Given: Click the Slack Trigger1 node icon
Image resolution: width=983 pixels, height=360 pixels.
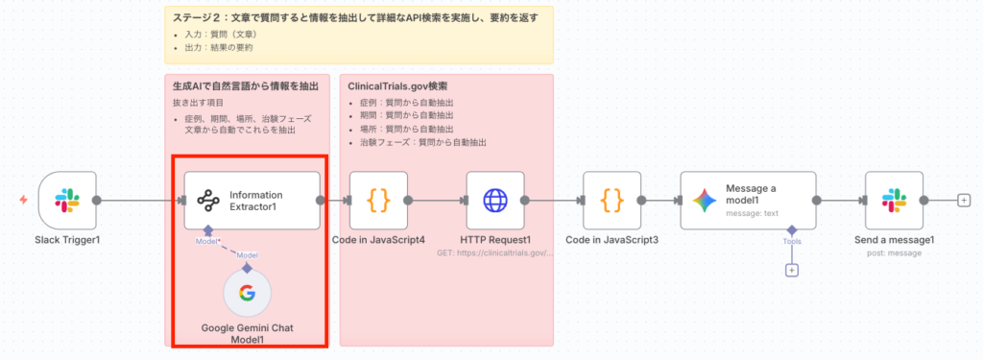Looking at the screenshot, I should tap(67, 201).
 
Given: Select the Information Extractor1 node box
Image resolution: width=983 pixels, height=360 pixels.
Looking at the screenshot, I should tap(252, 201).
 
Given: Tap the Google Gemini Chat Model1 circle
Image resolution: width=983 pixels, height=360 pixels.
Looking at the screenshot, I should tap(248, 294).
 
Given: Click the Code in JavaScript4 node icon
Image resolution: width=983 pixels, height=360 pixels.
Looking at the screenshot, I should tap(378, 201).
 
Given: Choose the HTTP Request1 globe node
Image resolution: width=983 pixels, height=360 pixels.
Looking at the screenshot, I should tap(495, 201).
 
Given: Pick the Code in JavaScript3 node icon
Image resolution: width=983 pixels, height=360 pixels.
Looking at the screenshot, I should tap(612, 201).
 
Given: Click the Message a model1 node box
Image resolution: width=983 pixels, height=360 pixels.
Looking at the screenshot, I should tap(748, 201).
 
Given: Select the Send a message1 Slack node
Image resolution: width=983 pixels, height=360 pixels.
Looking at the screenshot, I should tap(894, 201).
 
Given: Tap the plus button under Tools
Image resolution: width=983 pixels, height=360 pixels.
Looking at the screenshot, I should tap(792, 270).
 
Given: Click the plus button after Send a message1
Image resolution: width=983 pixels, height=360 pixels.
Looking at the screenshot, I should tap(964, 201).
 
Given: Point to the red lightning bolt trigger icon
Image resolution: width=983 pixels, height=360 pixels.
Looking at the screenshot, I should tap(23, 200).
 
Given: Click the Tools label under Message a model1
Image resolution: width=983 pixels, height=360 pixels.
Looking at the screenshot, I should tap(792, 242).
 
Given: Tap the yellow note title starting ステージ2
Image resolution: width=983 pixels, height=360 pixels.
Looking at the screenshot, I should tap(355, 18).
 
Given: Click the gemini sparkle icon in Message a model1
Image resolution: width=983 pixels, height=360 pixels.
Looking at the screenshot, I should tap(706, 201).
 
